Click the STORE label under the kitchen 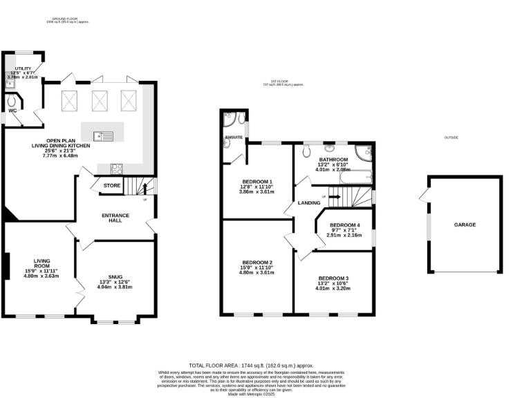112,186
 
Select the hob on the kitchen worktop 116,167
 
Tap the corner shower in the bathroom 364,153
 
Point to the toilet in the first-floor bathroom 307,150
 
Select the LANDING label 308,202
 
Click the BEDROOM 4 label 344,226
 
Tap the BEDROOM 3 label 333,278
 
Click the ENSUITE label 234,138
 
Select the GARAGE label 465,225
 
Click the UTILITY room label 23,69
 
